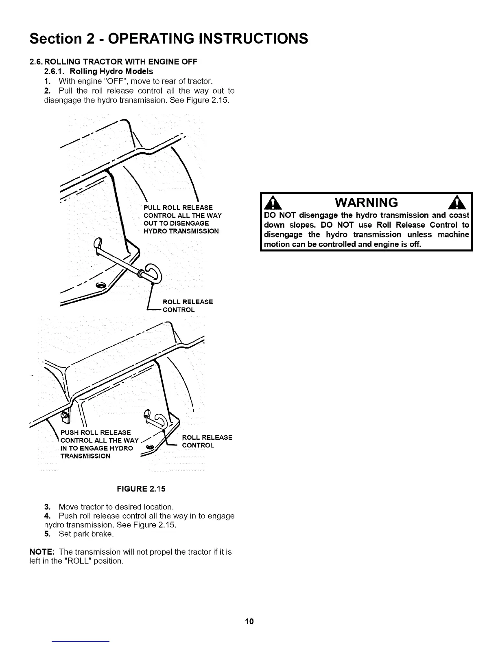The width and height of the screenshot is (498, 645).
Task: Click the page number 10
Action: (x=249, y=621)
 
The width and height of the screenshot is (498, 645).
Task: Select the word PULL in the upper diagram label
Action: (x=151, y=208)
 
